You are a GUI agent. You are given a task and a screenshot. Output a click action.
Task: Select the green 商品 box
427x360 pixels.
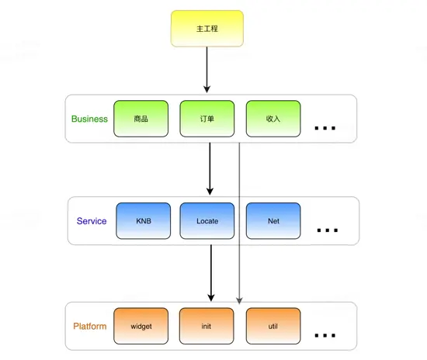click(141, 119)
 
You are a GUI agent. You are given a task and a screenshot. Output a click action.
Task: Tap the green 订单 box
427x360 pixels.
click(207, 119)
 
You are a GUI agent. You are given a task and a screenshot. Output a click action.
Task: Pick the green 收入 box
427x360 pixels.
click(273, 119)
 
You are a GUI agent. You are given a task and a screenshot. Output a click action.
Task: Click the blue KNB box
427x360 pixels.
click(143, 221)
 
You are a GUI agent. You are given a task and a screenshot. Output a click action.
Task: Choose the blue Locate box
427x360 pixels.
click(207, 221)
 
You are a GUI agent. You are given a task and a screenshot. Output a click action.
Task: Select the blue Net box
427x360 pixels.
click(273, 221)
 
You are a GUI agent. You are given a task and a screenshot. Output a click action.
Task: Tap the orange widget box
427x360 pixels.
click(141, 327)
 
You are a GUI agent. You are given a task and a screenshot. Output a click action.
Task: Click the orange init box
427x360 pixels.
click(207, 327)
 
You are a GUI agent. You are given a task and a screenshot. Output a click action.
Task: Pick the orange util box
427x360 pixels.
click(273, 327)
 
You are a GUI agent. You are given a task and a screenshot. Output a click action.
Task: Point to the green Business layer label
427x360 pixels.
click(89, 119)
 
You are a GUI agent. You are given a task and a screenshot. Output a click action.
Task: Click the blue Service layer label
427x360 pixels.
click(92, 221)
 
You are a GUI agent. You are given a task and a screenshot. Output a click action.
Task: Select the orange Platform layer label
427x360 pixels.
click(89, 327)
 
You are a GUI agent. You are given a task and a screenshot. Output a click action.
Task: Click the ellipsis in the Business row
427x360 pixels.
click(325, 125)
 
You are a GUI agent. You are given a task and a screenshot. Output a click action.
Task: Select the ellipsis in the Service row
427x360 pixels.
click(328, 230)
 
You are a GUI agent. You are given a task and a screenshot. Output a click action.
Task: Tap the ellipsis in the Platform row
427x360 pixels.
click(325, 334)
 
